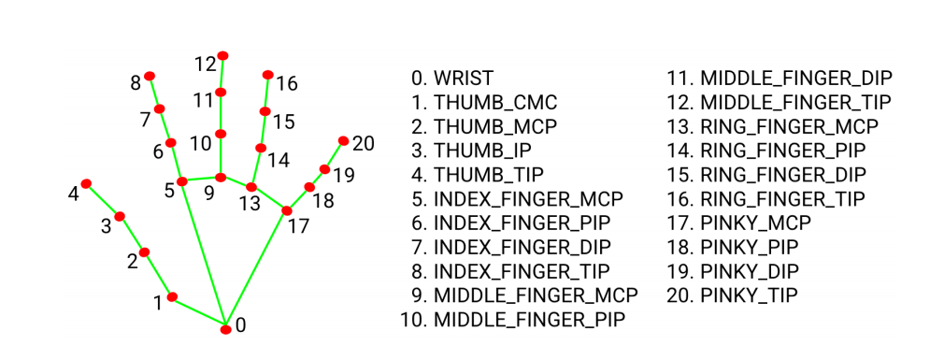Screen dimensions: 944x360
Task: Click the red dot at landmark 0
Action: click(x=226, y=329)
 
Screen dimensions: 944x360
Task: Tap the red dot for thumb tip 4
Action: click(x=86, y=183)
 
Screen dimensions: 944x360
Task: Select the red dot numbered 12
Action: click(x=222, y=55)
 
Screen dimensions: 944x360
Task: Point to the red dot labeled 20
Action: click(x=343, y=140)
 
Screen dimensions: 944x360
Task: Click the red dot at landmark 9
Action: click(x=221, y=177)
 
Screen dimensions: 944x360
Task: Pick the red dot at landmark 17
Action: click(x=287, y=210)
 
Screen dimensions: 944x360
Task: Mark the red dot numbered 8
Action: click(x=150, y=76)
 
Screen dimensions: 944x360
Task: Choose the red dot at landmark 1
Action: click(x=172, y=296)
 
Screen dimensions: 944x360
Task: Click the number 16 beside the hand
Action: click(x=287, y=83)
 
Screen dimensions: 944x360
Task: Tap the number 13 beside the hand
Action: click(x=249, y=204)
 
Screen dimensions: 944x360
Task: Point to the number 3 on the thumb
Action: click(x=106, y=227)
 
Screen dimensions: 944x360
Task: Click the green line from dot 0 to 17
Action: click(x=256, y=269)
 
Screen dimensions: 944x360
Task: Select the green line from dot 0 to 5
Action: click(x=204, y=254)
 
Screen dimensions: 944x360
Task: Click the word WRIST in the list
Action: click(x=464, y=79)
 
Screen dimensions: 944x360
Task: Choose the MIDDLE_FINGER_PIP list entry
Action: click(x=513, y=319)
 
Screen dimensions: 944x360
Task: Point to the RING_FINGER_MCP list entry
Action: click(x=773, y=126)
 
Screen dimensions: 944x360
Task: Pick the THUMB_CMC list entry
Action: click(x=485, y=102)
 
